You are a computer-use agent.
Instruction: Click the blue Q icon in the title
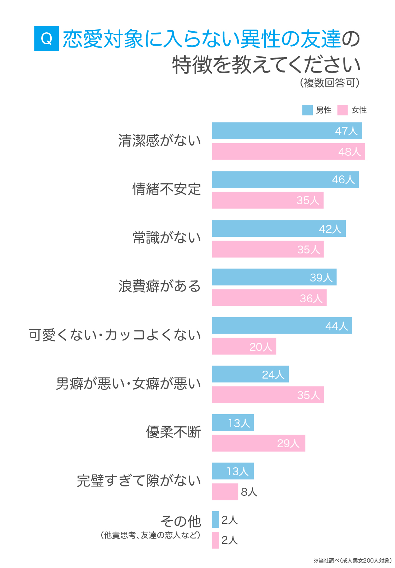(x=46, y=38)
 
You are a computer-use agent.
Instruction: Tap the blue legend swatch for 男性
(x=307, y=110)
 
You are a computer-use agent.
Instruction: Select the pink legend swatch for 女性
(x=343, y=110)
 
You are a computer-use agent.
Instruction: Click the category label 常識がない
(x=167, y=238)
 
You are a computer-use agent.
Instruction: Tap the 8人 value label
(x=249, y=492)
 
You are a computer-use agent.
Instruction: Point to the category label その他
(x=180, y=521)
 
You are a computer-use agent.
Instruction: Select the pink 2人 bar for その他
(x=215, y=540)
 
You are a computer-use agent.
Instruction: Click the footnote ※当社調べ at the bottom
(x=353, y=560)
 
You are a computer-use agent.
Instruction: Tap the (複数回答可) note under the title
(x=330, y=83)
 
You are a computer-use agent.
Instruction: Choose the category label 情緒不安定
(x=167, y=189)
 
